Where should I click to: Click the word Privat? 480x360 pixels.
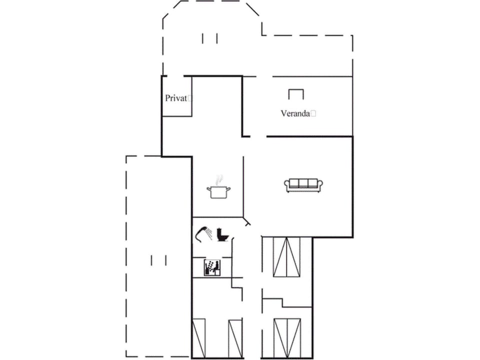pos(176,98)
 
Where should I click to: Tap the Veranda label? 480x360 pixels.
pos(295,113)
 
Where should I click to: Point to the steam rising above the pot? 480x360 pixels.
pos(217,179)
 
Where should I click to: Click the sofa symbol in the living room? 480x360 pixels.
pos(303,185)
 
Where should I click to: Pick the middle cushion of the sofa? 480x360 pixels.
pos(303,183)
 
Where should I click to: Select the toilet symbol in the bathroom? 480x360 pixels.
pos(222,234)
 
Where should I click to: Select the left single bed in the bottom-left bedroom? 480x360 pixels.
pos(198,338)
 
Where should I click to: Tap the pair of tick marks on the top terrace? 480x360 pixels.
pos(210,38)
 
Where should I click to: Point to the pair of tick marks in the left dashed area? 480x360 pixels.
pos(158,260)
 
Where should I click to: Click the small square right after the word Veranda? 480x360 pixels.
pos(313,113)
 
